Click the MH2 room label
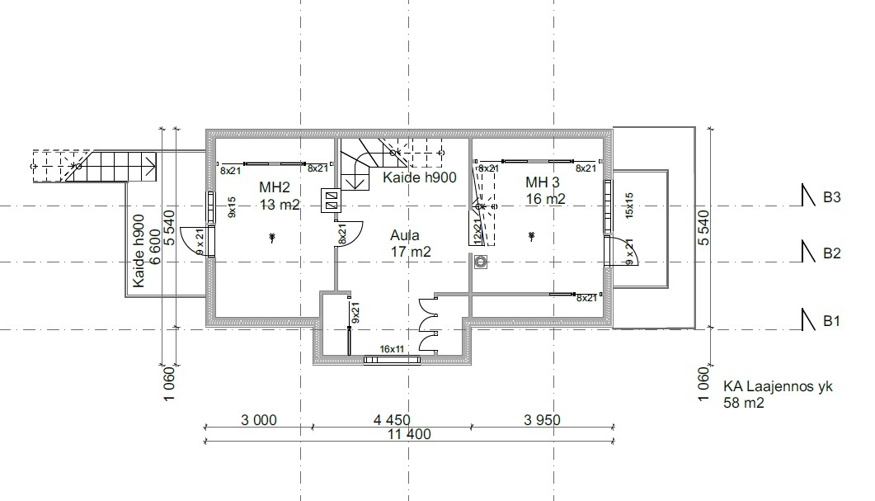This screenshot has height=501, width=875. pos(275,187)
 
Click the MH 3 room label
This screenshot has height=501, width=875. pos(543,182)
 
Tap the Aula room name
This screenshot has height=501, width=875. pos(405,235)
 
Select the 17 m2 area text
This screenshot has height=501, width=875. pos(411,252)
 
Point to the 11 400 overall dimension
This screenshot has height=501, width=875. pos(410,434)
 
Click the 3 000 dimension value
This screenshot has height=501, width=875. pos(259,420)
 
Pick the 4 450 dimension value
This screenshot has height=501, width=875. pos(392,420)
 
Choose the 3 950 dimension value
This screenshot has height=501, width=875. pos(543,420)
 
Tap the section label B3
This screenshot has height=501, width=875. pos(831,198)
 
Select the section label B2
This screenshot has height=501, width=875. pos(831,253)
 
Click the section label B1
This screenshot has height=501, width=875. pos(831,321)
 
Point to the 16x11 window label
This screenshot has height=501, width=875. pos(392,349)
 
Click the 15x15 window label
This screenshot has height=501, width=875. pos(629,205)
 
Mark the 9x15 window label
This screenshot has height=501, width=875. pos(232,206)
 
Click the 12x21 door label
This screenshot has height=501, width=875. pos(477,230)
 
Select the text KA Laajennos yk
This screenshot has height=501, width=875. pos(778,386)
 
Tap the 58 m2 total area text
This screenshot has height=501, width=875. pos(744,403)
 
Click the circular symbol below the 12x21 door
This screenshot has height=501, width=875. pos(481,262)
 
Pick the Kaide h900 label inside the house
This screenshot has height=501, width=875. pos(420,177)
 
